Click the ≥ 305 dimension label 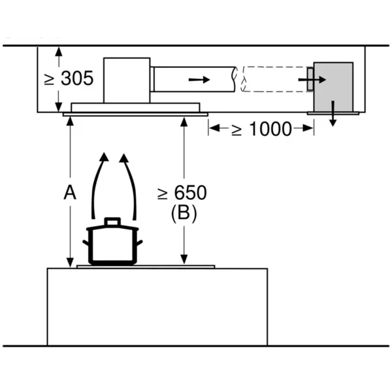69,78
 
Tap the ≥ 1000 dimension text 261,129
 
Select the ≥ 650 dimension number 182,193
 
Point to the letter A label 70,193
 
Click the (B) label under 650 184,214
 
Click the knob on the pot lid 112,221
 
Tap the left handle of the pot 86,242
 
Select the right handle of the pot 140,242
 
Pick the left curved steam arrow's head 104,157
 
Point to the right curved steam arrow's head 123,157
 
